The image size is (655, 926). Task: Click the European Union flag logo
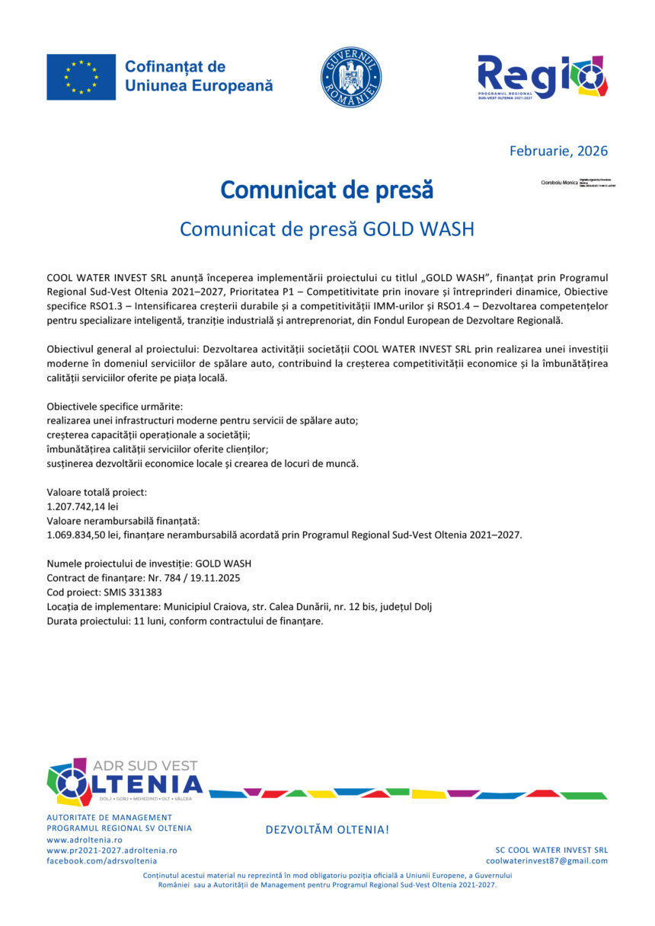(81, 77)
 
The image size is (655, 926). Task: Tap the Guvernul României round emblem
(351, 77)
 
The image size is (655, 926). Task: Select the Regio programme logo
(542, 78)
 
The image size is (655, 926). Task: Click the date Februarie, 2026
(558, 151)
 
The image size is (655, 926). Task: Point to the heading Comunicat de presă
(327, 190)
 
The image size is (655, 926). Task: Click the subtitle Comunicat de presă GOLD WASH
(327, 228)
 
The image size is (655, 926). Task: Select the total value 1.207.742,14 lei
(82, 506)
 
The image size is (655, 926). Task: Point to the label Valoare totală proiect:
(97, 492)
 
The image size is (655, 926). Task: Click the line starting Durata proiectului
(185, 621)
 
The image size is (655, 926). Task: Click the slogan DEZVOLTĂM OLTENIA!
(327, 829)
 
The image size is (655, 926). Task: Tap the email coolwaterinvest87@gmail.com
(547, 861)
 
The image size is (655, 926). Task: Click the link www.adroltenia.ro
(79, 838)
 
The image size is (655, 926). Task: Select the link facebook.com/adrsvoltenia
(102, 861)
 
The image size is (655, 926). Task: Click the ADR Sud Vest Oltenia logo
(125, 782)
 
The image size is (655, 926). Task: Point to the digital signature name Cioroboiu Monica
(559, 184)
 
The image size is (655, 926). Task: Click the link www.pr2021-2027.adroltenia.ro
(112, 849)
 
